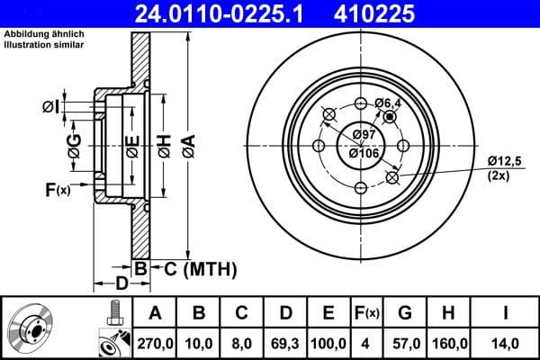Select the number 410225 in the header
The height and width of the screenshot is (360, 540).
click(389, 13)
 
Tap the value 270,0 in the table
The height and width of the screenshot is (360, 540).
click(155, 343)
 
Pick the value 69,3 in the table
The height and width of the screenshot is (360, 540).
click(285, 343)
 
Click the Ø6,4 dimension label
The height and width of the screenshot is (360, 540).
click(389, 104)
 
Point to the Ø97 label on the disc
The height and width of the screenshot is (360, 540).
click(364, 134)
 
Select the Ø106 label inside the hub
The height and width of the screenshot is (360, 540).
click(364, 152)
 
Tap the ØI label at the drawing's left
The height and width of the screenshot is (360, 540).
click(50, 107)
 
